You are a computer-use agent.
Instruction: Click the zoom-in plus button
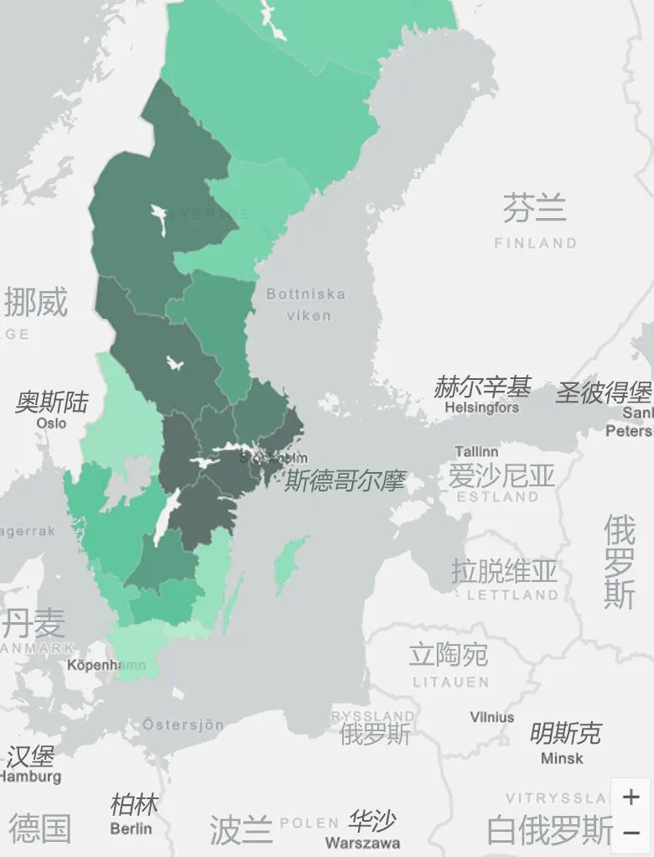[x=631, y=797]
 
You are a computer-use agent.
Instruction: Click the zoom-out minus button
[x=631, y=833]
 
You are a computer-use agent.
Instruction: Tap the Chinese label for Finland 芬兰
[x=534, y=207]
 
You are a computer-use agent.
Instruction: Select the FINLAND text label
[x=535, y=243]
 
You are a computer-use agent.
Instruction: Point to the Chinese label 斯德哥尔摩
[x=345, y=481]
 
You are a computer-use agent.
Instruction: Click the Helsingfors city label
[x=481, y=408]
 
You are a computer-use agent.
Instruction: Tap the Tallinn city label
[x=476, y=452]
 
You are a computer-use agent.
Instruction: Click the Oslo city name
[x=51, y=423]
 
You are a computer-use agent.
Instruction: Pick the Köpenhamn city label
[x=106, y=665]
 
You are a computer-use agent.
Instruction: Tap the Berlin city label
[x=131, y=828]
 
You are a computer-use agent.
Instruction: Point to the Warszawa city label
[x=362, y=842]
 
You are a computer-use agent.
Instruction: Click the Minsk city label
[x=562, y=758]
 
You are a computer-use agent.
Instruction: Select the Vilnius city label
[x=492, y=717]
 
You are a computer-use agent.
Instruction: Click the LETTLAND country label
[x=512, y=595]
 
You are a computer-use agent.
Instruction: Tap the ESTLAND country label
[x=498, y=496]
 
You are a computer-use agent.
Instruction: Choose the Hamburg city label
[x=30, y=776]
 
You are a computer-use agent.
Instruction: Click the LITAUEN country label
[x=450, y=683]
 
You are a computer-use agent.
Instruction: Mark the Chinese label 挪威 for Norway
[x=35, y=302]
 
